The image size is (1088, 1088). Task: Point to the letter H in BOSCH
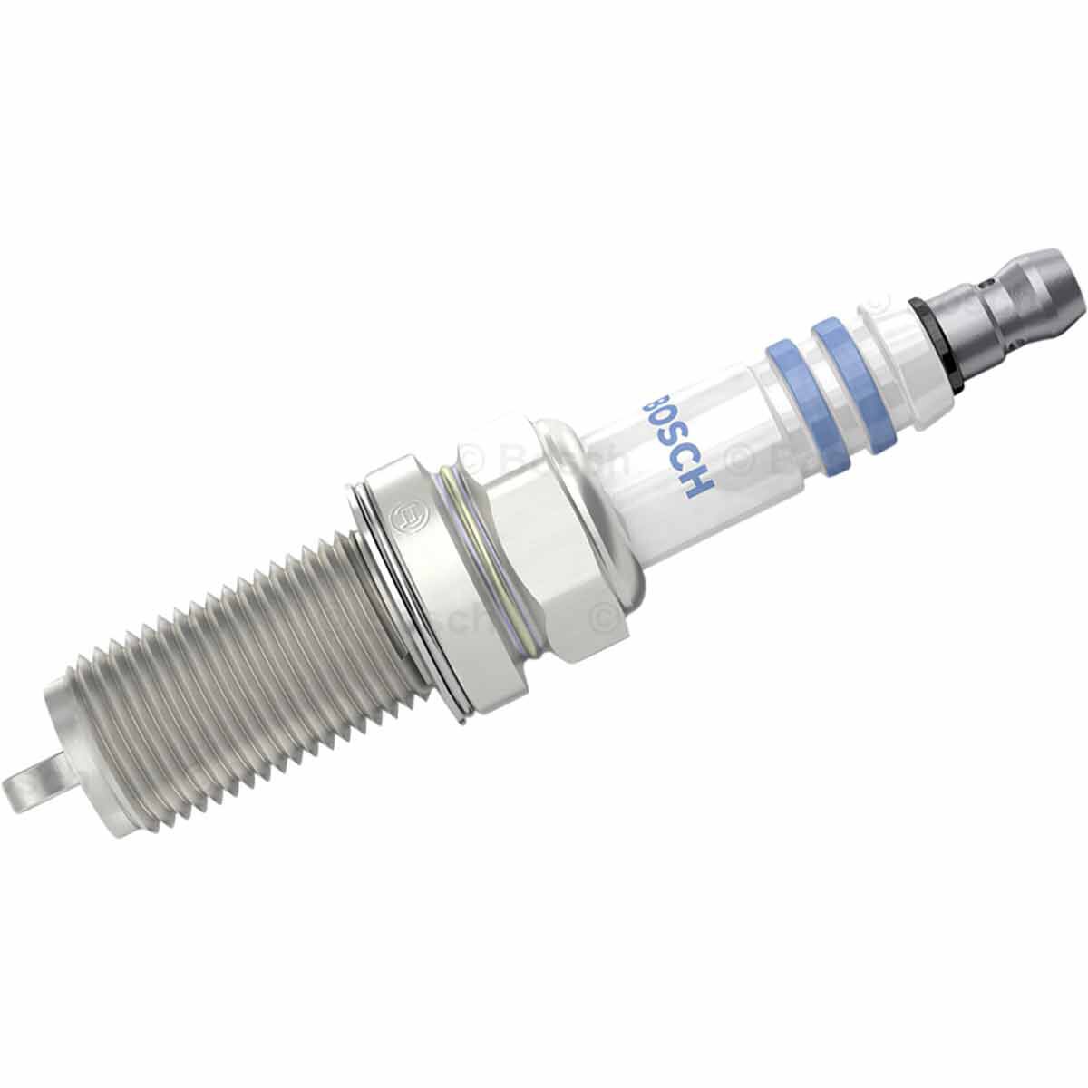click(700, 485)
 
